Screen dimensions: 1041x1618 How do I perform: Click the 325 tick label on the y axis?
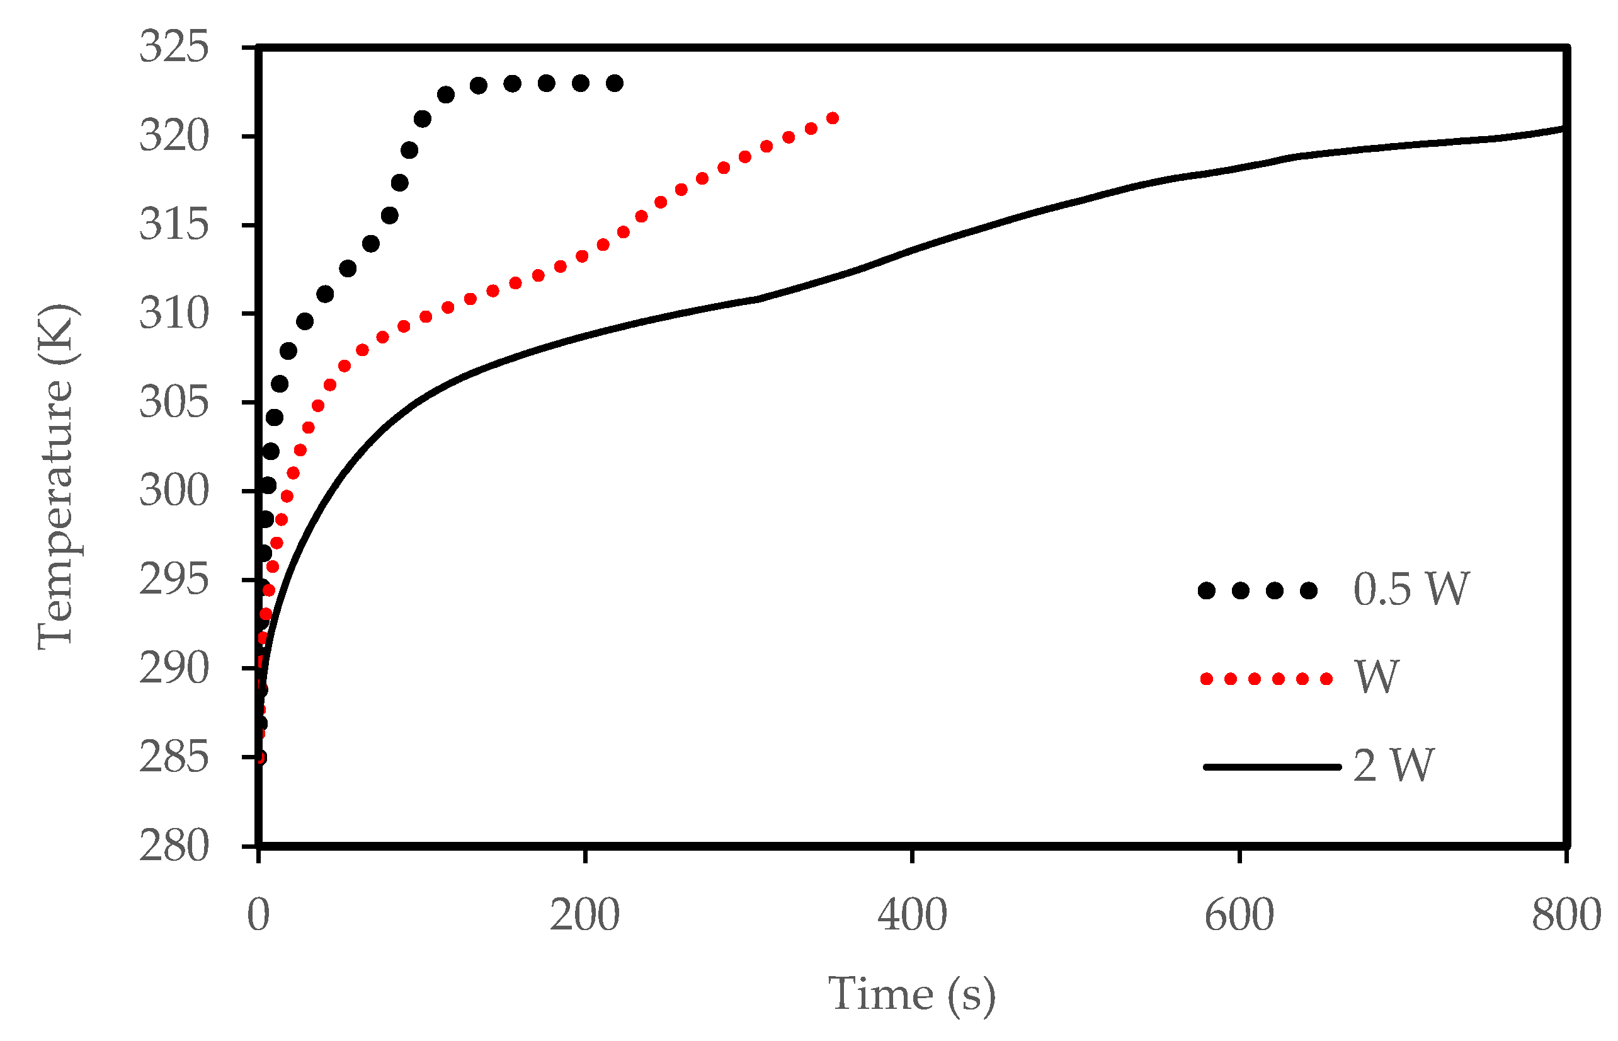tap(174, 48)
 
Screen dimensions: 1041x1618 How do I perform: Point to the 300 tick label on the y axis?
tap(174, 491)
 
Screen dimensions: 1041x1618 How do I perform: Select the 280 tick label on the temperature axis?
tap(174, 846)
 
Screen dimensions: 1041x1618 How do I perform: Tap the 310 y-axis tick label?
tap(174, 314)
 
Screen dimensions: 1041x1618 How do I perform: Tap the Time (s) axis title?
tap(911, 994)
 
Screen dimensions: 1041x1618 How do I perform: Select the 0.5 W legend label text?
tap(1411, 589)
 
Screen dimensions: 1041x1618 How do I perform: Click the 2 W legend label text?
tap(1393, 766)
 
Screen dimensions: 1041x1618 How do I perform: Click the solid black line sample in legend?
tap(1272, 766)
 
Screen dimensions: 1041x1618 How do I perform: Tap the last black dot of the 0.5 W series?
tap(614, 84)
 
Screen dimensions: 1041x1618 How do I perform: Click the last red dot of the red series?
tap(833, 118)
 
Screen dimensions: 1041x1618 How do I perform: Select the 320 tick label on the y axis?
tap(174, 137)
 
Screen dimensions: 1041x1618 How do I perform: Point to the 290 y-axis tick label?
tap(174, 669)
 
